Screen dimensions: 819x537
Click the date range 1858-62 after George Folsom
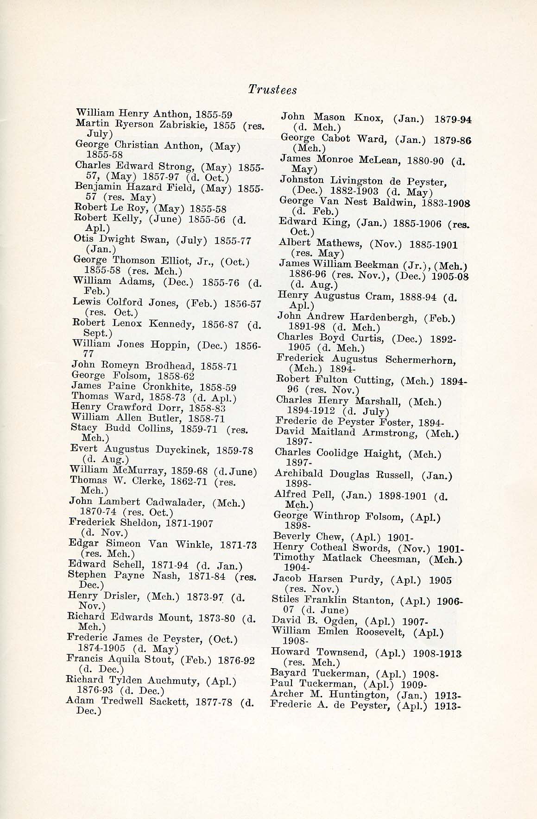point(176,376)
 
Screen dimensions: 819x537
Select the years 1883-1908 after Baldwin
point(448,203)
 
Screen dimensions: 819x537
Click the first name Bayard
point(288,673)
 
